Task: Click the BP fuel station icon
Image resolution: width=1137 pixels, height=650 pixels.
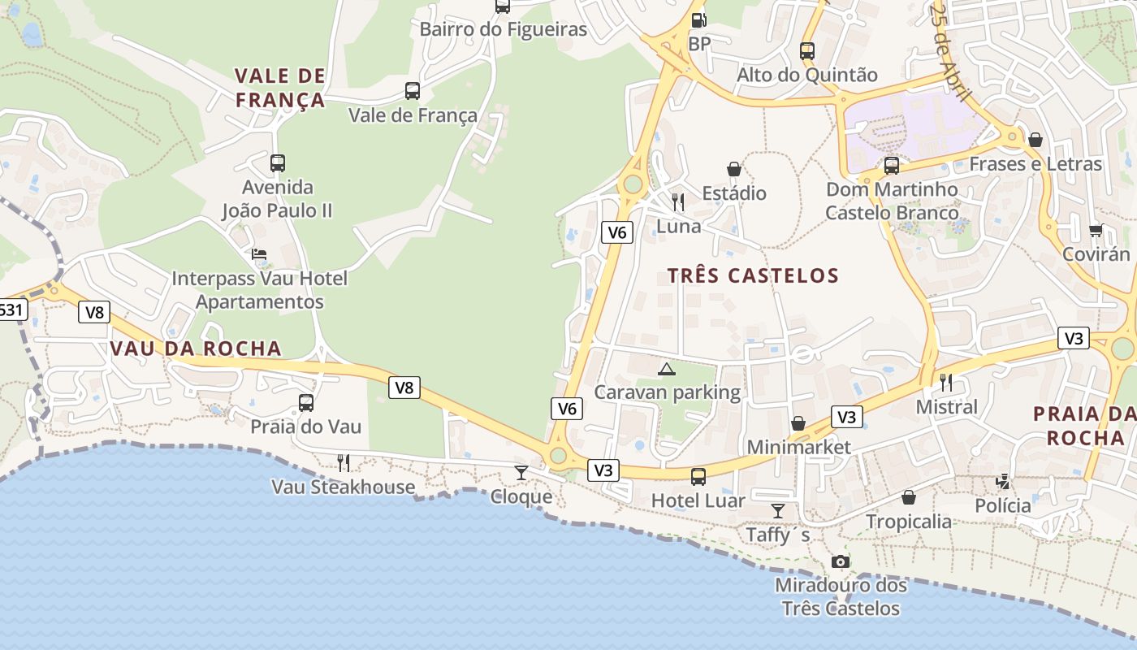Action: point(698,20)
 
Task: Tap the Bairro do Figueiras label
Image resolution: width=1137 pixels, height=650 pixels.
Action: point(503,30)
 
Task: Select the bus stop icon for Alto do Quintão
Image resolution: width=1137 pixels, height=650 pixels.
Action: point(806,50)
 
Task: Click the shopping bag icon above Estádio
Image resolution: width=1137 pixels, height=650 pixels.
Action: point(734,169)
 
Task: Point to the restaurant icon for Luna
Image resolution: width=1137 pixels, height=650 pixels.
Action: point(678,201)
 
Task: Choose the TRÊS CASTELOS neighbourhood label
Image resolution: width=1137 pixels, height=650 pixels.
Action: point(753,275)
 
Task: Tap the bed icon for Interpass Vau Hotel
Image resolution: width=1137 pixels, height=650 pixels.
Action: point(259,254)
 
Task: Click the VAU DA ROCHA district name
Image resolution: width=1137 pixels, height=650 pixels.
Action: point(196,349)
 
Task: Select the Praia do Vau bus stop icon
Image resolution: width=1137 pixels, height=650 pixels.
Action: point(306,402)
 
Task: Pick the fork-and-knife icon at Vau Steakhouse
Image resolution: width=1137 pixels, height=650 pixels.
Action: point(344,463)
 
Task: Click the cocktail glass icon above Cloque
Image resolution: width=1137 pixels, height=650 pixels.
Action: point(521,473)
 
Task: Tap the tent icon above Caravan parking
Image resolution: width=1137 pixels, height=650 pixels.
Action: point(667,370)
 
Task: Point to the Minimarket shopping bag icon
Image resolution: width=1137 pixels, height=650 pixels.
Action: point(798,423)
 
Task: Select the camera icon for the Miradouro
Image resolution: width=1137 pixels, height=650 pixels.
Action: point(841,561)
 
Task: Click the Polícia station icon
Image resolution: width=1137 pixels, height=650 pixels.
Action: point(1002,482)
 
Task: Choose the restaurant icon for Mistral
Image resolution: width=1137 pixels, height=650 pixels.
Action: point(946,383)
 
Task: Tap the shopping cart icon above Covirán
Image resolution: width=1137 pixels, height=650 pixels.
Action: point(1096,231)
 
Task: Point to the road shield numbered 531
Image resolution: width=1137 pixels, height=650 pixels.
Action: point(11,310)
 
